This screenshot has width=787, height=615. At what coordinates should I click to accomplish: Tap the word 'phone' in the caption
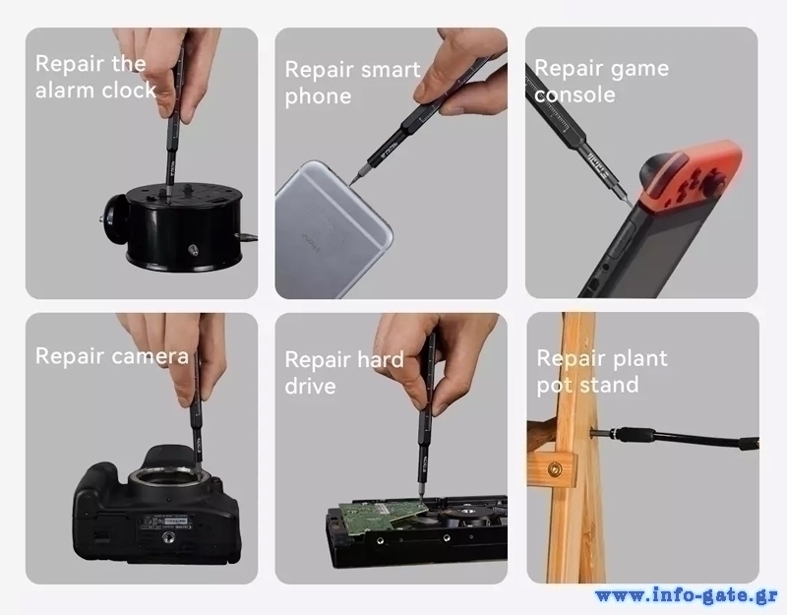point(318,96)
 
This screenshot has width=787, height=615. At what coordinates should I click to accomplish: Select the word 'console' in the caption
point(575,94)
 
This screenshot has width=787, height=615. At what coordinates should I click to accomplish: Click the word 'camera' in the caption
point(151,356)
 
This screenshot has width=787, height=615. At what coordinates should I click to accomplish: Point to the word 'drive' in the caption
point(310,386)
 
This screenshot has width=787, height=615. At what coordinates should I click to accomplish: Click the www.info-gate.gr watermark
point(687,595)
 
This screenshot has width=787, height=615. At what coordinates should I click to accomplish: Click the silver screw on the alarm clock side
point(193,249)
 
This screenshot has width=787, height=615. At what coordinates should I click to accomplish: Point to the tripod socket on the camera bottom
point(167,538)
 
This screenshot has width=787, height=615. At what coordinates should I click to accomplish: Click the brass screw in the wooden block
point(555,470)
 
